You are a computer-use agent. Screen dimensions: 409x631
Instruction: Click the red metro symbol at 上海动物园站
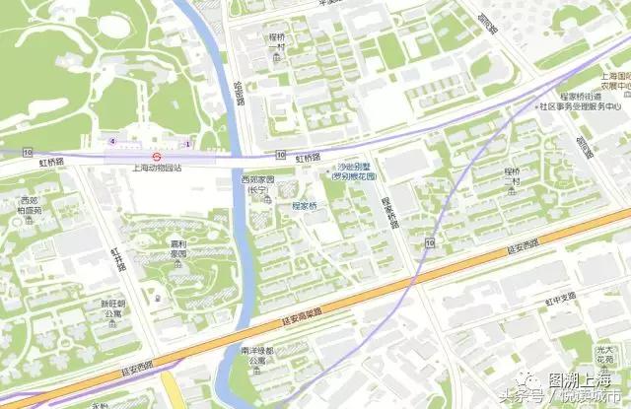(156, 155)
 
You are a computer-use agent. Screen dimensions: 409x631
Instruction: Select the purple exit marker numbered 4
(112, 141)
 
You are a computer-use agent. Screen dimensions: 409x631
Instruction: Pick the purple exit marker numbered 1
(185, 145)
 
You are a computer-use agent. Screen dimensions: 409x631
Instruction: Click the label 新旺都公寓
(111, 308)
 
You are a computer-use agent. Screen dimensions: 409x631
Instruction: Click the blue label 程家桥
(309, 206)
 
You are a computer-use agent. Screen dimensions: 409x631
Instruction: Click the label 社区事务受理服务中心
(579, 105)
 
